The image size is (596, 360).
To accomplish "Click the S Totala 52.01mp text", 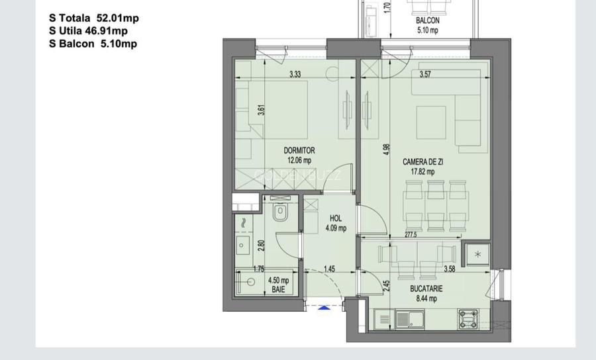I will [94, 18].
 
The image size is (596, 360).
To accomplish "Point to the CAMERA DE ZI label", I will [422, 161].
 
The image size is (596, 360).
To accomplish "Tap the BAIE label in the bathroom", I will [278, 289].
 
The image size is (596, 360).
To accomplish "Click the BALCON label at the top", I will [428, 21].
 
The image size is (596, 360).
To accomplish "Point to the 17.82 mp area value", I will [422, 171].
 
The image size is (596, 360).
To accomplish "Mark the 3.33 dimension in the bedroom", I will [295, 75].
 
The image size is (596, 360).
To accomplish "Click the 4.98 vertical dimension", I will [387, 150].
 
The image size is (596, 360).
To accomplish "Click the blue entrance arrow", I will [323, 307].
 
